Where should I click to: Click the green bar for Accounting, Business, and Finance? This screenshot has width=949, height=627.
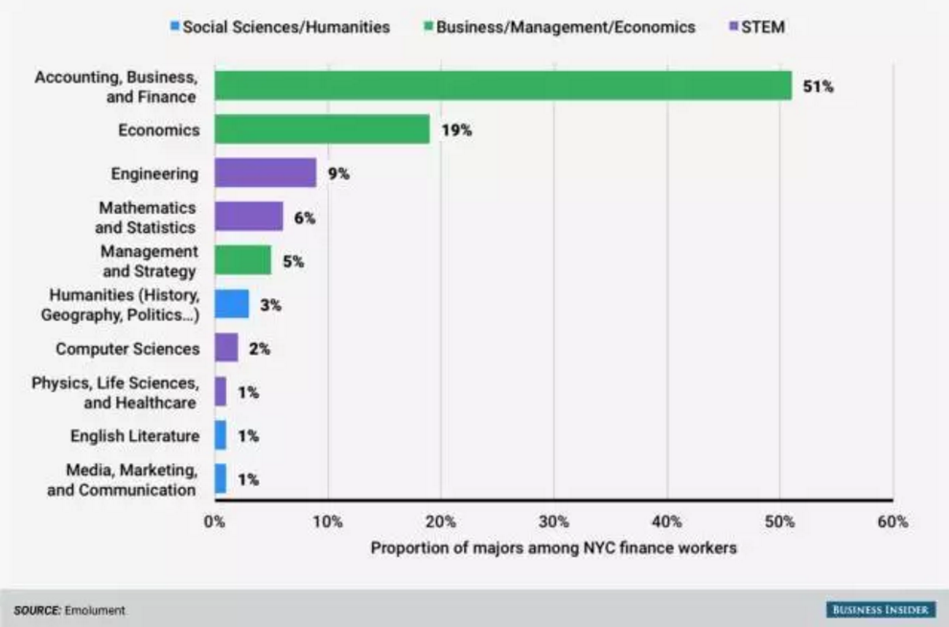502,85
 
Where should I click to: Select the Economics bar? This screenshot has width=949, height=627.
322,129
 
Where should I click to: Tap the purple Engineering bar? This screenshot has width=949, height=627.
266,174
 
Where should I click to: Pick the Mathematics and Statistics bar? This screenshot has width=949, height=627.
249,217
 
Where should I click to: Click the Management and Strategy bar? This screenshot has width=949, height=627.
243,261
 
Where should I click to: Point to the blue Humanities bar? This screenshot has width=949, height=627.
232,305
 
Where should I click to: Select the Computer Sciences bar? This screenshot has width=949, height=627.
226,348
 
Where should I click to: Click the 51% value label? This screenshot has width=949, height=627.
819,86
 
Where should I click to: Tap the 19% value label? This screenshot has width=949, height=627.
456,130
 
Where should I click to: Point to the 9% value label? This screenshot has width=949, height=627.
337,174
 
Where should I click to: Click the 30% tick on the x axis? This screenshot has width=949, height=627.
554,522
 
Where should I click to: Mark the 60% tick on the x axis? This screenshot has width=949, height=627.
892,522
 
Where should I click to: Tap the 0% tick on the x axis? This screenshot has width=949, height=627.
215,522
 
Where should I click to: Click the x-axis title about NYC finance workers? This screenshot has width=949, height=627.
554,548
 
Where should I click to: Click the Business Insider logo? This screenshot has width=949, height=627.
881,610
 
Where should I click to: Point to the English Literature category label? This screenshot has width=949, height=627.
135,436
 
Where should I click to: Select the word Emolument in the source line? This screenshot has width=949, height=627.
95,611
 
